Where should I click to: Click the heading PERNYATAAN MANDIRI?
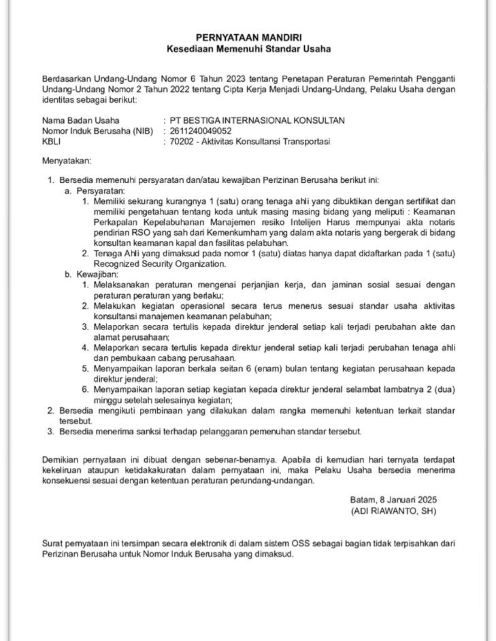pyautogui.click(x=248, y=38)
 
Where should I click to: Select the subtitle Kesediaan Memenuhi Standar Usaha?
pyautogui.click(x=248, y=49)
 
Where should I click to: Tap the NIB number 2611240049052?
pyautogui.click(x=201, y=131)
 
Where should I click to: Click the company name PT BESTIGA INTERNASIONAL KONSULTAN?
pyautogui.click(x=257, y=121)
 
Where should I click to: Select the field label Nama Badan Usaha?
pyautogui.click(x=81, y=121)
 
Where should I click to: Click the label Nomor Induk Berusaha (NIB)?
pyautogui.click(x=98, y=131)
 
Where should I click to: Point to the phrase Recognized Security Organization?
pyautogui.click(x=160, y=264)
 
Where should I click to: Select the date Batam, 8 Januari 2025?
pyautogui.click(x=393, y=500)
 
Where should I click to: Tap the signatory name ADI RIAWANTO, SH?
pyautogui.click(x=393, y=511)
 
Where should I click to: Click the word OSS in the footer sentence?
pyautogui.click(x=301, y=544)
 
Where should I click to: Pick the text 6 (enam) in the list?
pyautogui.click(x=263, y=369)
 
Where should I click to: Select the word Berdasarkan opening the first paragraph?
pyautogui.click(x=65, y=79)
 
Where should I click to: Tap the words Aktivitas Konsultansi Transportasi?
pyautogui.click(x=265, y=142)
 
